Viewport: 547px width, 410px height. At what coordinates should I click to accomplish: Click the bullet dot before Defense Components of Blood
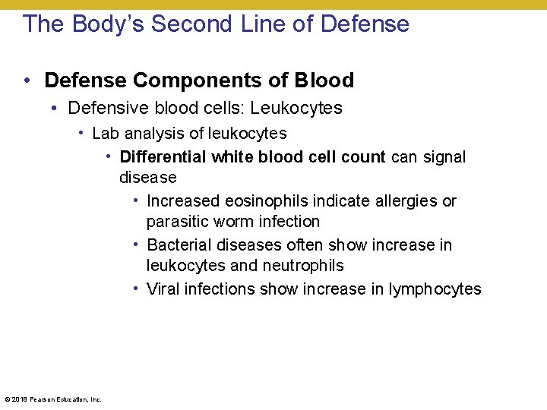(27, 80)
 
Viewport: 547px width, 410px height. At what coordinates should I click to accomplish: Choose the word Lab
(106, 134)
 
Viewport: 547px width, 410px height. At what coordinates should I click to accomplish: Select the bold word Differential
(163, 157)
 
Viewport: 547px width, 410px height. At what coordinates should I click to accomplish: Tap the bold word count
(364, 157)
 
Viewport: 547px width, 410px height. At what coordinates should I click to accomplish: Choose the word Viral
(163, 289)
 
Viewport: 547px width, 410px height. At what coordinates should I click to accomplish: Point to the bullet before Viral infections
(134, 289)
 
